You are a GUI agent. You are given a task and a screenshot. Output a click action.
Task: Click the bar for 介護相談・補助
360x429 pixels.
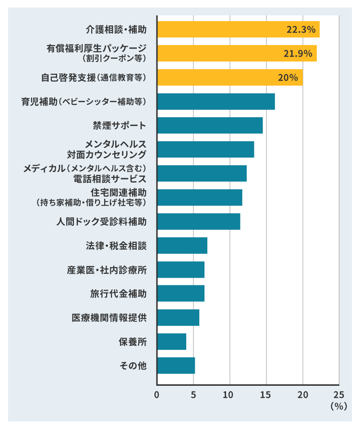point(238,29)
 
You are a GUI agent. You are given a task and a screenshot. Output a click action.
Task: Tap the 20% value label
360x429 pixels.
point(288,77)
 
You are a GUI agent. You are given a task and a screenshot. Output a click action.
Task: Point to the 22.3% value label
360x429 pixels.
point(301,29)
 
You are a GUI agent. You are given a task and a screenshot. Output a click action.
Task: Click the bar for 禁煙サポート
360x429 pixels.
point(210,125)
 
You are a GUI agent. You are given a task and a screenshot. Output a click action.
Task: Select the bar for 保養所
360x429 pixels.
point(172,342)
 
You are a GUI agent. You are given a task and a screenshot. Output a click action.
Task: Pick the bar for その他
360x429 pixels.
point(176,366)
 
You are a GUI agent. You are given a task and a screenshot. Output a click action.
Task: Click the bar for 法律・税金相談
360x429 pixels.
point(182,245)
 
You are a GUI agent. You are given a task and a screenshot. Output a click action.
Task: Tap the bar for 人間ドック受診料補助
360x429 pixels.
point(199,221)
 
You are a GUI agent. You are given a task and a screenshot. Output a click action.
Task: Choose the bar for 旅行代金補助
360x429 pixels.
point(181,294)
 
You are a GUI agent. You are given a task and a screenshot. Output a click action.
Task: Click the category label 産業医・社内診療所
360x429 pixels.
point(107,270)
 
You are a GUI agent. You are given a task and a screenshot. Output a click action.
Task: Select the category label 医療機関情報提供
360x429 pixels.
point(109,318)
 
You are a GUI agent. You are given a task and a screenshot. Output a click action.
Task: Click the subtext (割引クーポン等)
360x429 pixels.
point(114,59)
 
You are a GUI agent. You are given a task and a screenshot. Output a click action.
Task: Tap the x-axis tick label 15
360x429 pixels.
point(266,395)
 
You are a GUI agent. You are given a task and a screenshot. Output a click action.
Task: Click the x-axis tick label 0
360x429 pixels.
point(157,395)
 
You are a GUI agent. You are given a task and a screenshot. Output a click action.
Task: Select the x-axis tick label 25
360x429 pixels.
point(339,395)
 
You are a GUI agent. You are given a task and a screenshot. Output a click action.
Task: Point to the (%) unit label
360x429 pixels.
point(338,406)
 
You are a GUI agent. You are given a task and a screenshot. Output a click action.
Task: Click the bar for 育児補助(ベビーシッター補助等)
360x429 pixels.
point(216,101)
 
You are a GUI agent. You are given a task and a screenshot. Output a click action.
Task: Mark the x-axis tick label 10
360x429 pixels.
point(230,395)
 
